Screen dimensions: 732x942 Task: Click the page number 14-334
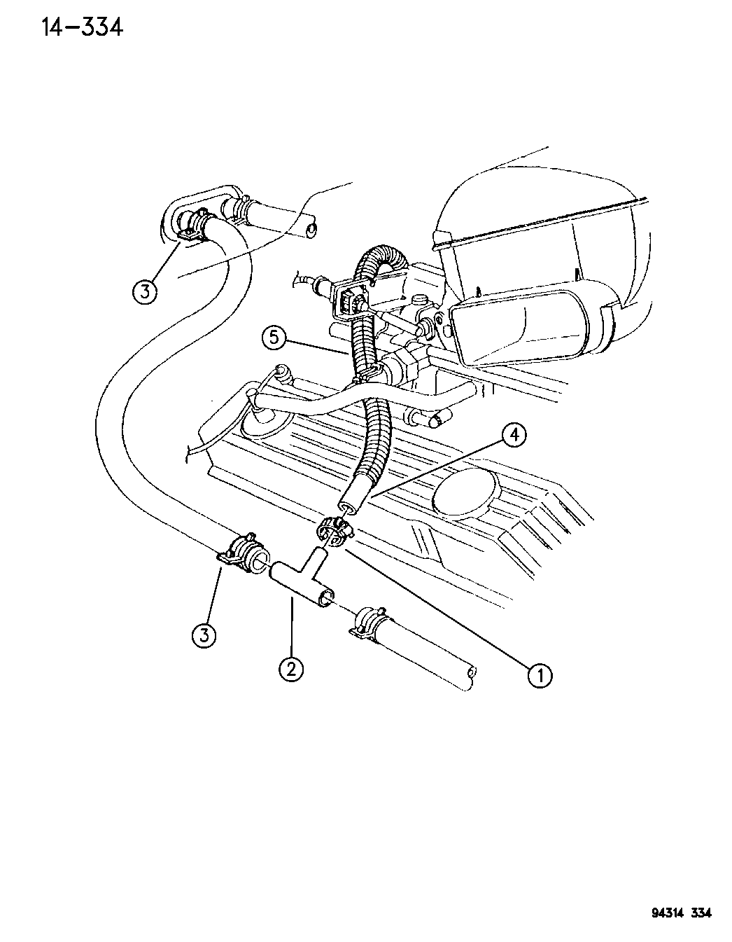pos(83,29)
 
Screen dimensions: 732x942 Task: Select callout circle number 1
pos(540,675)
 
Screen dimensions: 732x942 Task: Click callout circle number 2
pos(291,670)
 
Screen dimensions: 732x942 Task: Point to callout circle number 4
pos(514,435)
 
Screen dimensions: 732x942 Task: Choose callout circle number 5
pos(274,338)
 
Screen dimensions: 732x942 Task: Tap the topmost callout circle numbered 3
pos(145,291)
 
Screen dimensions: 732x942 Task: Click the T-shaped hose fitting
pos(302,577)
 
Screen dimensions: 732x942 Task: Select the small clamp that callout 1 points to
pos(335,532)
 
